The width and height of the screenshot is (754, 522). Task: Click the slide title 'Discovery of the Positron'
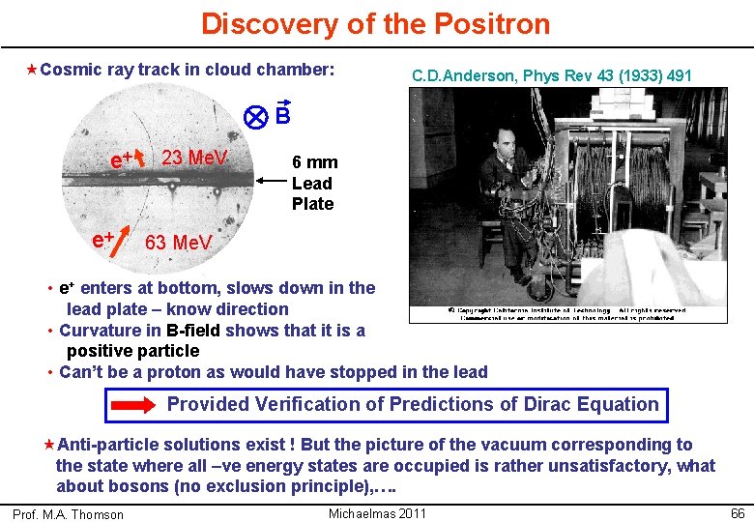coord(375,23)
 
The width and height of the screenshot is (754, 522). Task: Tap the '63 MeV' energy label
coord(178,242)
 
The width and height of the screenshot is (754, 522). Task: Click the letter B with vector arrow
coord(282,115)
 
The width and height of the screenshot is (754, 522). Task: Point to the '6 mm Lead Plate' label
coord(312,184)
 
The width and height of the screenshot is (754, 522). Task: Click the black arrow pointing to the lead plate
coord(272,179)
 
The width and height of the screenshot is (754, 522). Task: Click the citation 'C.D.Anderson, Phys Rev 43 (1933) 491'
coord(551,75)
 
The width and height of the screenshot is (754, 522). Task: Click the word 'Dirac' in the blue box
coord(552,405)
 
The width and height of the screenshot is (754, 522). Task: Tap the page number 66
coord(737,512)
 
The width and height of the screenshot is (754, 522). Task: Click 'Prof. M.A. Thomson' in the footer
coord(68,514)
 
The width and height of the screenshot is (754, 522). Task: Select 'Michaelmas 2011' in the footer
coord(377,512)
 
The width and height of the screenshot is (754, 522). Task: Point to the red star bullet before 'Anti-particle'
coord(49,445)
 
